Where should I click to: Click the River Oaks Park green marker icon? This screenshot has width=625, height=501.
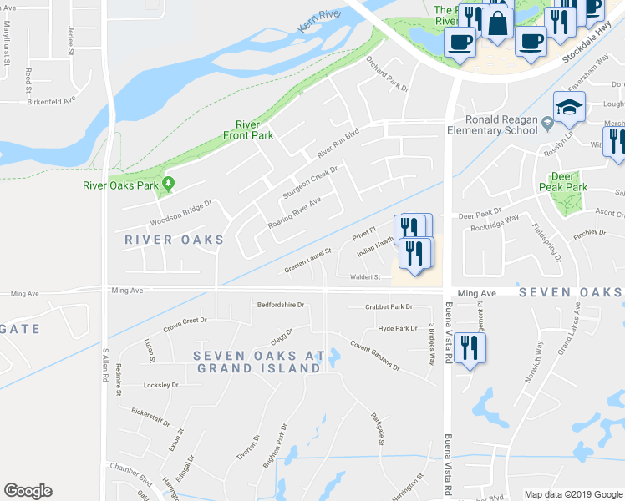pyautogui.click(x=169, y=184)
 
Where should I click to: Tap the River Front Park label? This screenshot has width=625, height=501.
pyautogui.click(x=248, y=129)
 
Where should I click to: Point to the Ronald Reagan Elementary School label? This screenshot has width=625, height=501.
pyautogui.click(x=503, y=124)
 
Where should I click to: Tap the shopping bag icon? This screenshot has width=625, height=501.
pyautogui.click(x=498, y=24)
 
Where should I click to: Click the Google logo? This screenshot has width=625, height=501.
pyautogui.click(x=28, y=491)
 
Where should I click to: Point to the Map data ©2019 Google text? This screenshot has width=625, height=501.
pyautogui.click(x=572, y=494)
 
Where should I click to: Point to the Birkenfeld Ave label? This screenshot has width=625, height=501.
pyautogui.click(x=52, y=98)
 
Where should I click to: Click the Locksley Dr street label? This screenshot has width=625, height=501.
pyautogui.click(x=161, y=385)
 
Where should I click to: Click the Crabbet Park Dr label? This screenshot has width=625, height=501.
pyautogui.click(x=389, y=307)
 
